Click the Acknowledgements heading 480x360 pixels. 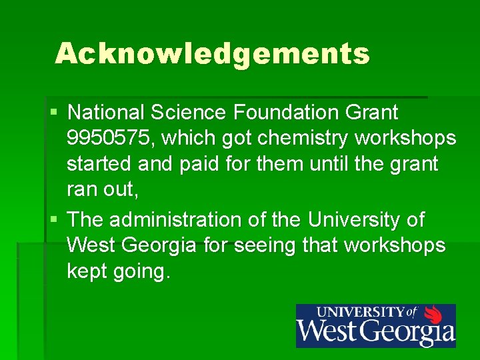(x=212, y=54)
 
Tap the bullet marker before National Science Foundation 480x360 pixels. (x=53, y=111)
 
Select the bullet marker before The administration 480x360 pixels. (x=53, y=219)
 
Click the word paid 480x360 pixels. (x=201, y=164)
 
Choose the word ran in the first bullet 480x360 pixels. (x=81, y=191)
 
